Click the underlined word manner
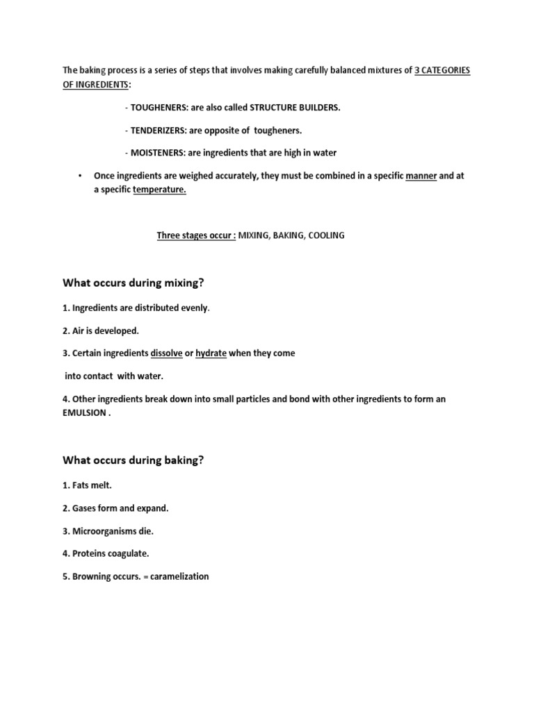click(421, 176)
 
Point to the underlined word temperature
click(159, 190)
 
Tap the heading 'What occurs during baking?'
click(133, 460)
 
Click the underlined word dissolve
click(166, 353)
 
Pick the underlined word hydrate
click(211, 353)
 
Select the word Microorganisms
click(104, 530)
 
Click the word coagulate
click(127, 553)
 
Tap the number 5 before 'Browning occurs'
click(65, 576)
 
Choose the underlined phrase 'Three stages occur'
click(195, 235)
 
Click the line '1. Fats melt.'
click(87, 485)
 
